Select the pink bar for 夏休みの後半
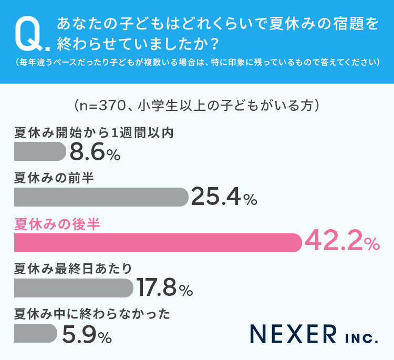point(158,243)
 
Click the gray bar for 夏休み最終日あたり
point(74,287)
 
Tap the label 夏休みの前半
point(54,178)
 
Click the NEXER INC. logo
point(314,334)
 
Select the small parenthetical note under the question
point(197,63)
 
